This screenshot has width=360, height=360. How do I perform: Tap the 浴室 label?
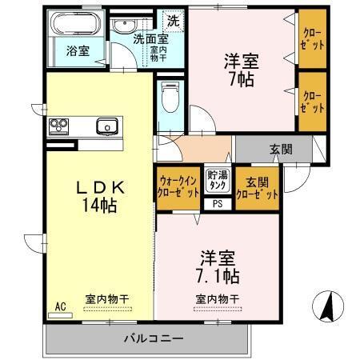click(78, 50)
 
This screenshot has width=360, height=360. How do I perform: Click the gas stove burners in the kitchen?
click(61, 126)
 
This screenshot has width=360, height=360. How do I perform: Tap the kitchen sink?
click(106, 126)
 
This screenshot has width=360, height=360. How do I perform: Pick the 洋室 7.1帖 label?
click(218, 268)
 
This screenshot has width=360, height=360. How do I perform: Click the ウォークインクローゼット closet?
click(178, 186)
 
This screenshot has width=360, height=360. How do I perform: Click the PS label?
click(217, 203)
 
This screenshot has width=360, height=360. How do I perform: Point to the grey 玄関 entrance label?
click(280, 149)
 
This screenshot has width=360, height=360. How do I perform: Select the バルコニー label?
click(154, 337)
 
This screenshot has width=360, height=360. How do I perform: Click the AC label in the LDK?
click(60, 306)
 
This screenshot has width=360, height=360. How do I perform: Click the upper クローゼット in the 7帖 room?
click(312, 40)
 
